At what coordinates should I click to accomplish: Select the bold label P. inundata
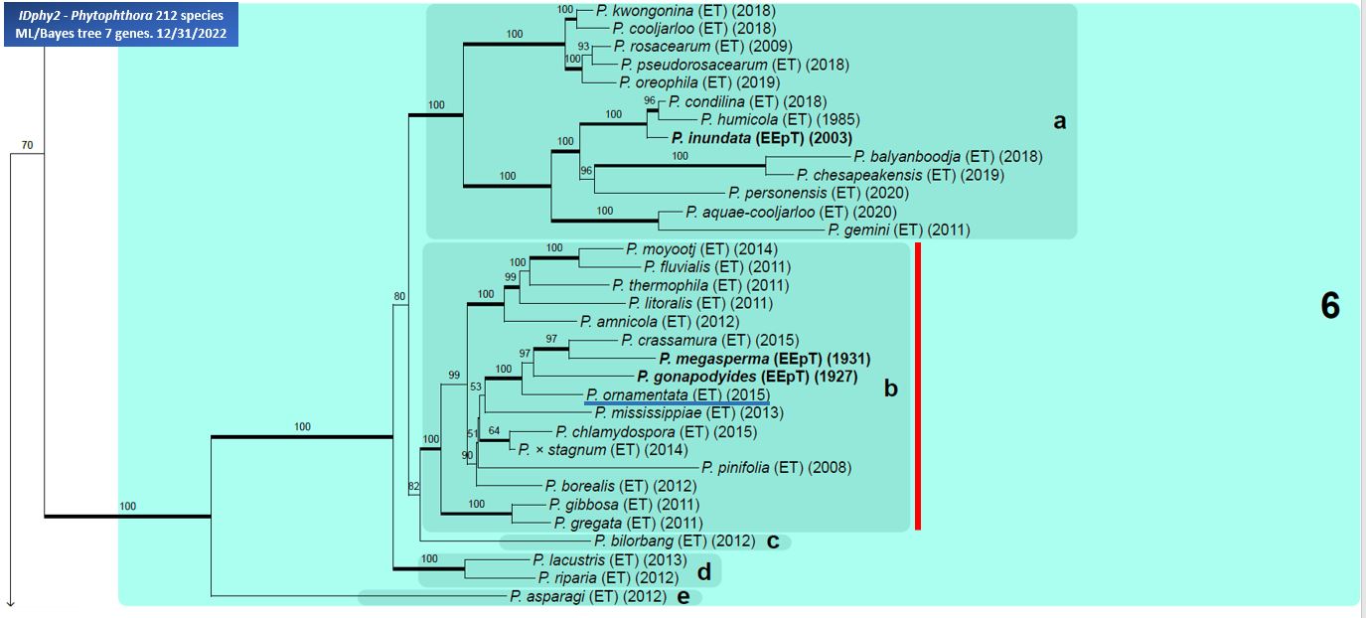(x=711, y=138)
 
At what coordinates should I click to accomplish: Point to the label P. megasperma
(x=714, y=359)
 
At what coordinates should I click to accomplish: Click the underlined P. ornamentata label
(x=637, y=394)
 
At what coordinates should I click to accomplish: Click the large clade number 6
(x=1330, y=306)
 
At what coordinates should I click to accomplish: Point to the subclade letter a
(x=1060, y=121)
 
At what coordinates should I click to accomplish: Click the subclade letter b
(x=891, y=388)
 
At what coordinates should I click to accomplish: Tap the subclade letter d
(x=704, y=571)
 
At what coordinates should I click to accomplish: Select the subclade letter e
(x=683, y=597)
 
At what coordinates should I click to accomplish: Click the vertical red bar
(x=918, y=386)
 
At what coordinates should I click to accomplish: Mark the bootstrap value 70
(x=28, y=145)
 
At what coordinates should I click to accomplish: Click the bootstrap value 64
(x=494, y=430)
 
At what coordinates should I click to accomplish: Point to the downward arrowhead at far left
(x=10, y=604)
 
